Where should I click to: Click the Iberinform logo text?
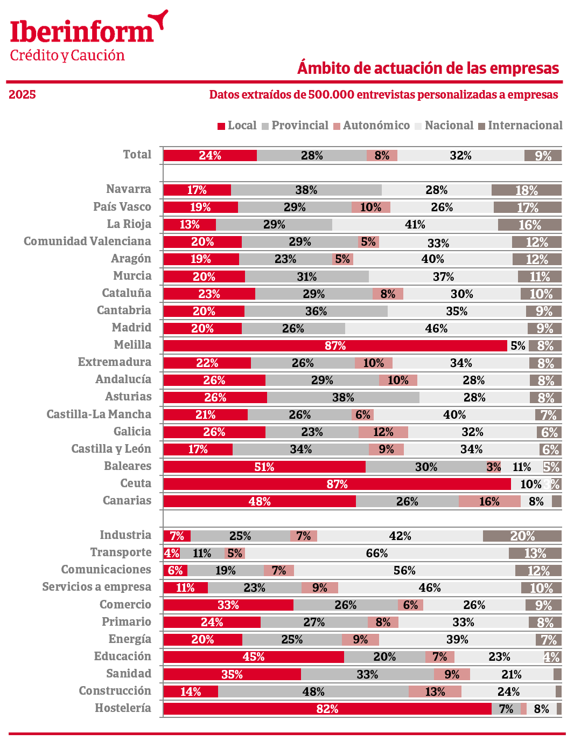[x=82, y=32]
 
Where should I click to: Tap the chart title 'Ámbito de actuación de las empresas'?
[x=428, y=68]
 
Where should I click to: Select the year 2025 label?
[x=22, y=95]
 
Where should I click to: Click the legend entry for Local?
[x=237, y=126]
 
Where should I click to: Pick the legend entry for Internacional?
[x=520, y=126]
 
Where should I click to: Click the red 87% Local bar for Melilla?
[x=335, y=345]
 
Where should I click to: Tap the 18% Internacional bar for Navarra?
[x=526, y=190]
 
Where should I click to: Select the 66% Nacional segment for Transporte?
[x=376, y=553]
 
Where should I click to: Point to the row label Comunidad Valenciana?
[x=87, y=241]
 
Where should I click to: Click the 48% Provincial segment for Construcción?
[x=313, y=691]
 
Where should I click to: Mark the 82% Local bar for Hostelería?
[x=327, y=709]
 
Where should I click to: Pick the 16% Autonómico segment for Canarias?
[x=489, y=501]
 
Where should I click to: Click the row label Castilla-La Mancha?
[x=99, y=414]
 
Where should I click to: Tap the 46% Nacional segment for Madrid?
[x=436, y=328]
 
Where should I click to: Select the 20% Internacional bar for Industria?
[x=522, y=536]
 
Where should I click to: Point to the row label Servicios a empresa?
[x=96, y=587]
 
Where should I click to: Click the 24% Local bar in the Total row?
[x=210, y=155]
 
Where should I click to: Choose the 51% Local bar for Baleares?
[x=264, y=467]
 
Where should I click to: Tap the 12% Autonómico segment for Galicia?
[x=383, y=432]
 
